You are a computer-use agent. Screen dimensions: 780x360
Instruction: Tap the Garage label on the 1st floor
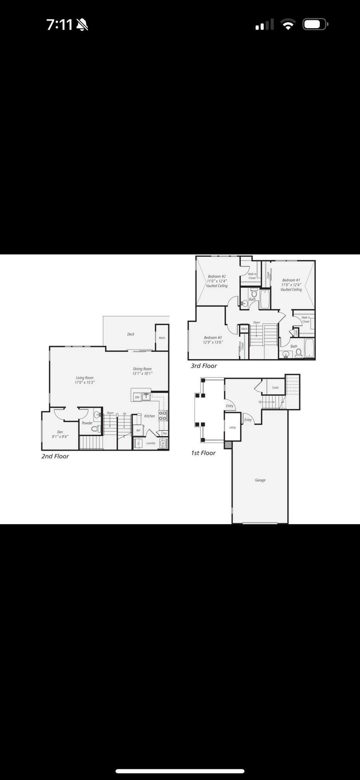[260, 480]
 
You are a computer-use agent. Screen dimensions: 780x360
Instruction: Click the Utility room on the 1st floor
[232, 428]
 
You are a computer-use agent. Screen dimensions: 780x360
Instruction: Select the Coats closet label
[275, 388]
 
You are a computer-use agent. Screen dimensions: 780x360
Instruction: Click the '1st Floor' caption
[203, 453]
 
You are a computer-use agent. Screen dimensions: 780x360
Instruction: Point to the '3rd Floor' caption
[204, 366]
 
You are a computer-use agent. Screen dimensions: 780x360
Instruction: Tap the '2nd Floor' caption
[55, 456]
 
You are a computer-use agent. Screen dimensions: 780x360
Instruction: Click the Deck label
[131, 334]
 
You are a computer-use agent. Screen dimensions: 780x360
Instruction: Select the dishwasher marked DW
[137, 397]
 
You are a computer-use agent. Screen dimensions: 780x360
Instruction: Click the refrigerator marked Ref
[138, 430]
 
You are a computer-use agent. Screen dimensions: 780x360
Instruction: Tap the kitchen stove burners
[163, 416]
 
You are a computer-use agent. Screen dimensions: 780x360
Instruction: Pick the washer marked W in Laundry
[163, 443]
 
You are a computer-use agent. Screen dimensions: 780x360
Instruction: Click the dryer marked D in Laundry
[138, 444]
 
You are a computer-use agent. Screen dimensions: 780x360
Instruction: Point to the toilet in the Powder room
[95, 428]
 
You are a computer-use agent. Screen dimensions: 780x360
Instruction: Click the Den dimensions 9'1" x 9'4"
[60, 436]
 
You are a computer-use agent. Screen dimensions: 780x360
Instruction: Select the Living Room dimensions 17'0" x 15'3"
[85, 382]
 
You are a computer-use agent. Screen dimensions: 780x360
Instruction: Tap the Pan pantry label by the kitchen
[165, 433]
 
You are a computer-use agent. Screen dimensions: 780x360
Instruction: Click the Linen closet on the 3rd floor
[296, 332]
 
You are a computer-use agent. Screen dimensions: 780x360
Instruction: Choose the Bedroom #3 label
[213, 337]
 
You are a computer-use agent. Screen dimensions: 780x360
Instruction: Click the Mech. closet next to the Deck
[162, 338]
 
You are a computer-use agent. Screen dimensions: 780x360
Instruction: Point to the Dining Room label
[142, 369]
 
